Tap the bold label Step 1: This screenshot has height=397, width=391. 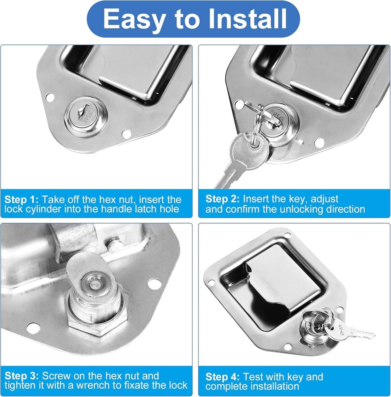point(21,199)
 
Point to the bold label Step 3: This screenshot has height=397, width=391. point(21,376)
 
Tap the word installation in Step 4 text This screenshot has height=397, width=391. point(272,386)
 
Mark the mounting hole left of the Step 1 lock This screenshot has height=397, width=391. point(50,96)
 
